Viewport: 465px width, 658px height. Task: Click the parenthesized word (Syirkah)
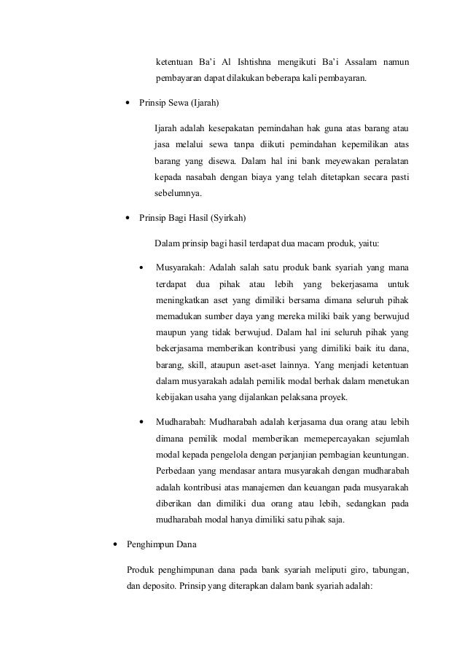(224, 218)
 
